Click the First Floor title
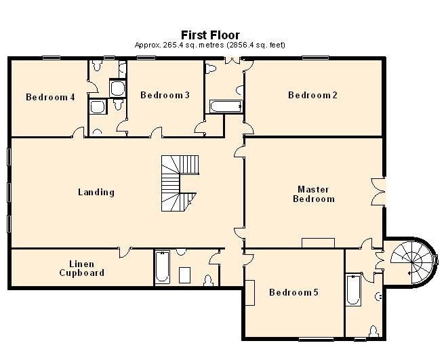pyautogui.click(x=209, y=35)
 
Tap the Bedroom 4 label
pyautogui.click(x=50, y=97)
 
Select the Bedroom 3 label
pyautogui.click(x=165, y=95)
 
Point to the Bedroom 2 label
pyautogui.click(x=312, y=95)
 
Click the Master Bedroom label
pyautogui.click(x=314, y=194)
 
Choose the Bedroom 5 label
pyautogui.click(x=293, y=293)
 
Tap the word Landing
pyautogui.click(x=96, y=192)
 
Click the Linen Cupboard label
pyautogui.click(x=81, y=268)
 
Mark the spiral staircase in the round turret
pyautogui.click(x=409, y=261)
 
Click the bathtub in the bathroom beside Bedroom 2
pyautogui.click(x=226, y=106)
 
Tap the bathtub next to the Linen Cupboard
pyautogui.click(x=161, y=268)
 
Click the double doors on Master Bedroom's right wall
pyautogui.click(x=378, y=191)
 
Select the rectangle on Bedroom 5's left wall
pyautogui.click(x=249, y=292)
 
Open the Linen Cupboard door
pyautogui.click(x=125, y=252)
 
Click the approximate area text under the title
pyautogui.click(x=209, y=45)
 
